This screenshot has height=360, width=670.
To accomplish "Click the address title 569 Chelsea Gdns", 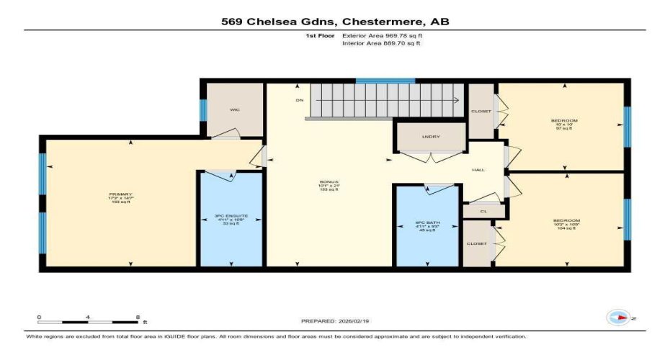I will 335,22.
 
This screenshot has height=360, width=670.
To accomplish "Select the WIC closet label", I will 235,109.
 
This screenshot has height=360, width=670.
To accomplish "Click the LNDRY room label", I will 430,136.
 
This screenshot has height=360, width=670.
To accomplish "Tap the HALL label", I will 478,170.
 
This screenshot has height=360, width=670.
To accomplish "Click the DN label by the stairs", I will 299,100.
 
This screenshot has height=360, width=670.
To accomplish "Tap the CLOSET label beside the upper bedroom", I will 481,111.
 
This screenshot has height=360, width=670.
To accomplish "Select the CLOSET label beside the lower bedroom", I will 476,243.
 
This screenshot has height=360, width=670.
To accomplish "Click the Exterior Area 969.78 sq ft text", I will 381,35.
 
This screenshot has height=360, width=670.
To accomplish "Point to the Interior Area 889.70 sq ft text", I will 381,43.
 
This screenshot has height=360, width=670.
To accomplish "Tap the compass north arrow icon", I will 618,317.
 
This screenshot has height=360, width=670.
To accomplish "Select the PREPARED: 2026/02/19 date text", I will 336,320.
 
